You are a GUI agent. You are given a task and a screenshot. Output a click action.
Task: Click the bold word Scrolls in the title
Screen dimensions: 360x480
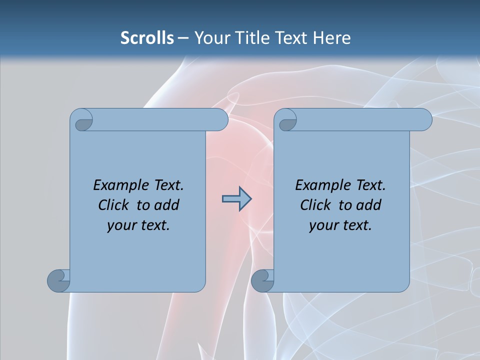point(147,38)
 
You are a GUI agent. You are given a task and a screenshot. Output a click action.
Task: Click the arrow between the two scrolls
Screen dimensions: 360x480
point(236,199)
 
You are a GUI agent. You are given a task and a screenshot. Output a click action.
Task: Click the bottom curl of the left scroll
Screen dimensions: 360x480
point(59,280)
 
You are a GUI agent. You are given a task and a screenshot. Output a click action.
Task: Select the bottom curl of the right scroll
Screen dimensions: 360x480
point(262,280)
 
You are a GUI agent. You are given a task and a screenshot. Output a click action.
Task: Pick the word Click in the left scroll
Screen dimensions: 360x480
point(113,205)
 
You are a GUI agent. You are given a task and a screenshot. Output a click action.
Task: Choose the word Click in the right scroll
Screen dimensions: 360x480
point(315,205)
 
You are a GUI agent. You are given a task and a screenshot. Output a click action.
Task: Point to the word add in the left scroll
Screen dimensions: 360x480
point(167,205)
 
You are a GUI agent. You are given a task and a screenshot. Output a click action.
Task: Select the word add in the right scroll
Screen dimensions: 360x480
point(369,205)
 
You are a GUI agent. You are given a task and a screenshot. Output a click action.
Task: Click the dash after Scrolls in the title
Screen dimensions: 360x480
point(183,38)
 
